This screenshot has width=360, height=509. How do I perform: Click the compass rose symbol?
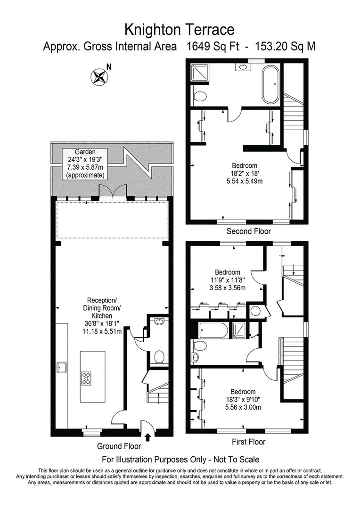tap(99, 76)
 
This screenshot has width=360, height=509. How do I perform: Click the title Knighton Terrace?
tap(180, 30)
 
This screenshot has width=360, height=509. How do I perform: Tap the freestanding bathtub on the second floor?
tap(270, 85)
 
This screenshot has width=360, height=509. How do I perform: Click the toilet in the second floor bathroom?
tap(200, 97)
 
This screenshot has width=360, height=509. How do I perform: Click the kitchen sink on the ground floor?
tap(62, 367)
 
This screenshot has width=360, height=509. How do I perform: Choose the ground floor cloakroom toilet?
tap(159, 358)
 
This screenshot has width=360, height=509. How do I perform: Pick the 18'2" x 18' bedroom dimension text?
tap(245, 173)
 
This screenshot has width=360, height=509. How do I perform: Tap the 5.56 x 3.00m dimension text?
tap(243, 407)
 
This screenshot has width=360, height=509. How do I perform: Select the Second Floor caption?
tap(248, 231)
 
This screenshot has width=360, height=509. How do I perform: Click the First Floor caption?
tap(248, 442)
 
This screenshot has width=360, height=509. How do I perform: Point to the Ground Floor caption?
tap(119, 446)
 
